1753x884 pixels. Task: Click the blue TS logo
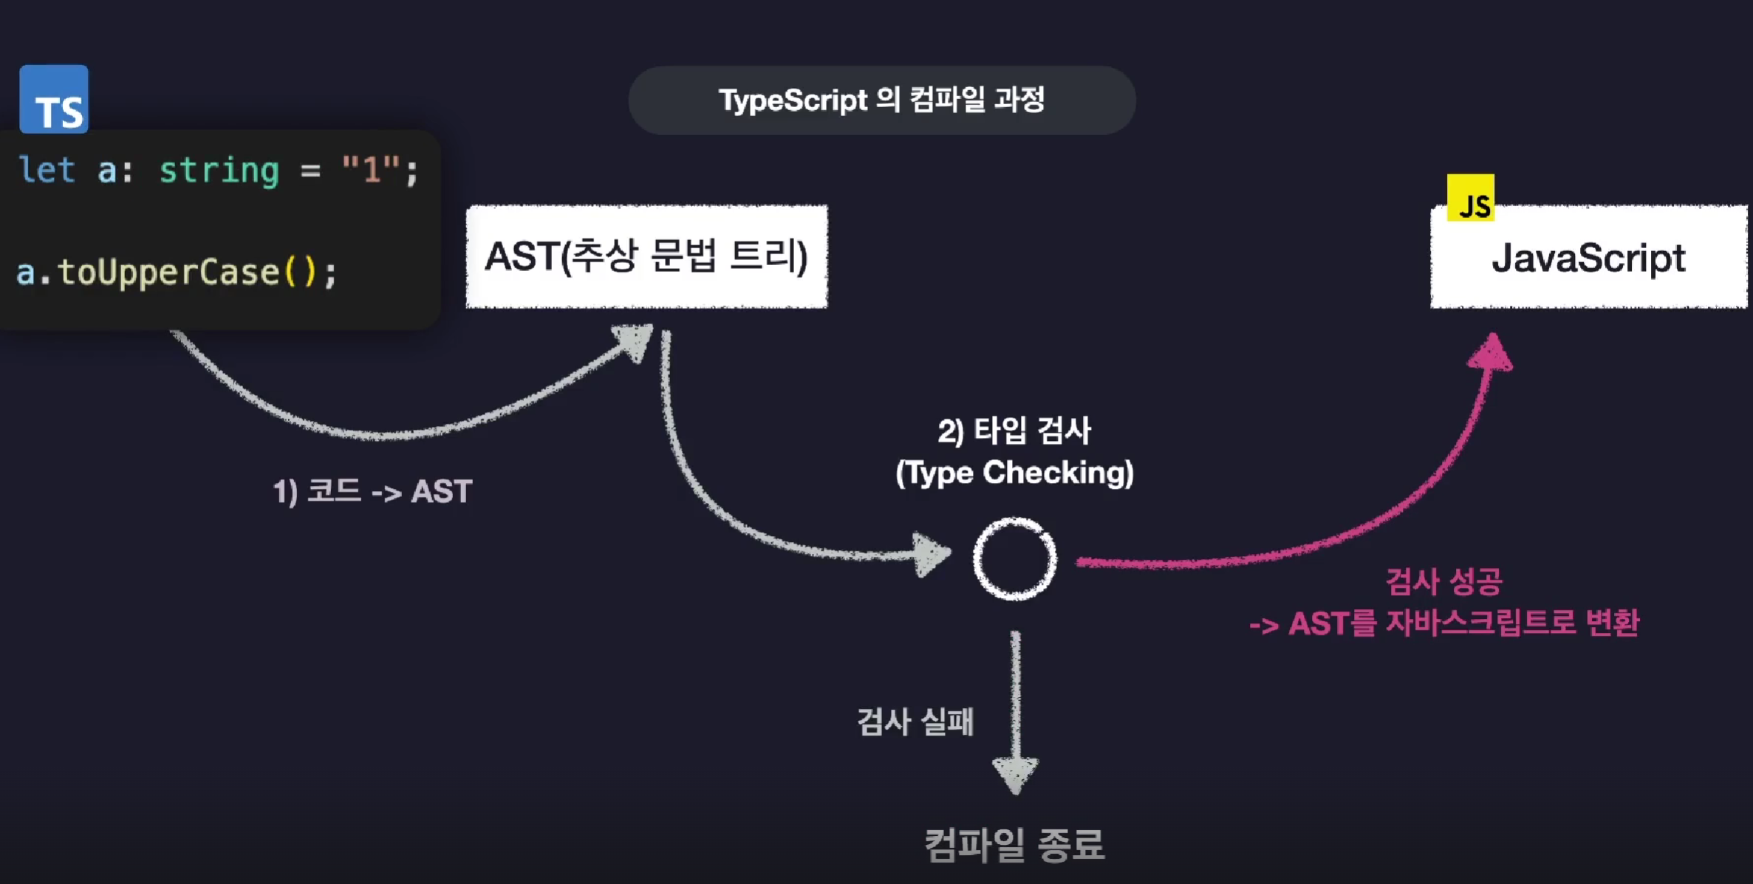[x=54, y=100]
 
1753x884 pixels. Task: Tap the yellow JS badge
[x=1470, y=198]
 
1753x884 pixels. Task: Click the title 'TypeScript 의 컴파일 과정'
[x=881, y=100]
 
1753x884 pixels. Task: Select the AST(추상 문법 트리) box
[x=646, y=256]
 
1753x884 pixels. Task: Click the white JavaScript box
[x=1588, y=258]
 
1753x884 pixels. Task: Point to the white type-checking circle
[x=1014, y=558]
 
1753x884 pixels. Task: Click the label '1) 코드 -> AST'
[x=372, y=491]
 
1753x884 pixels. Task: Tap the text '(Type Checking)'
[x=1014, y=473]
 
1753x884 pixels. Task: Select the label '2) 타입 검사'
[x=1014, y=431]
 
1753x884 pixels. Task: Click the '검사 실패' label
[x=915, y=722]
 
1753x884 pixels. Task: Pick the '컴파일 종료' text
[x=1014, y=844]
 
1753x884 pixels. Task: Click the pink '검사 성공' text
[x=1444, y=581]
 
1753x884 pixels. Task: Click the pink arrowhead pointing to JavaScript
[x=1491, y=353]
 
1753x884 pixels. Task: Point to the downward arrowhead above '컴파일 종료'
[x=1015, y=774]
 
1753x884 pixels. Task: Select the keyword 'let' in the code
[x=47, y=171]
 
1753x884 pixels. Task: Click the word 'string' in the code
[x=219, y=171]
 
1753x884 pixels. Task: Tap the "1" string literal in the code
[x=371, y=171]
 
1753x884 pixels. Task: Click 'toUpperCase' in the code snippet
[x=168, y=272]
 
